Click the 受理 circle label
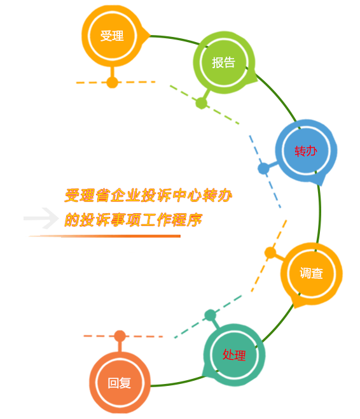[x=112, y=36]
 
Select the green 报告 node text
[x=223, y=62]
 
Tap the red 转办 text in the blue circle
[x=306, y=151]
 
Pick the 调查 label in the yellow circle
[x=311, y=273]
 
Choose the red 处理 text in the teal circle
[x=234, y=355]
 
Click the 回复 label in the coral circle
[x=120, y=383]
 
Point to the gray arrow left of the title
[x=41, y=218]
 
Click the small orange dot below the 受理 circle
[x=113, y=82]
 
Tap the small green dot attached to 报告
[x=202, y=103]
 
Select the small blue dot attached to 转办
[x=263, y=169]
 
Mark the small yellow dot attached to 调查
[x=270, y=253]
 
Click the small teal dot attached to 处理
[x=211, y=315]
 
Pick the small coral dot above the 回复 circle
[x=120, y=336]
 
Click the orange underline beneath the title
[x=104, y=236]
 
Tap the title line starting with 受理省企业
[x=148, y=195]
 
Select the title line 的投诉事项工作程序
[x=133, y=220]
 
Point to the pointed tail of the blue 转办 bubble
[x=322, y=183]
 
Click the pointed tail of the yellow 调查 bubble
[x=295, y=306]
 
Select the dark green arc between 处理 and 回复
[x=177, y=383]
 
